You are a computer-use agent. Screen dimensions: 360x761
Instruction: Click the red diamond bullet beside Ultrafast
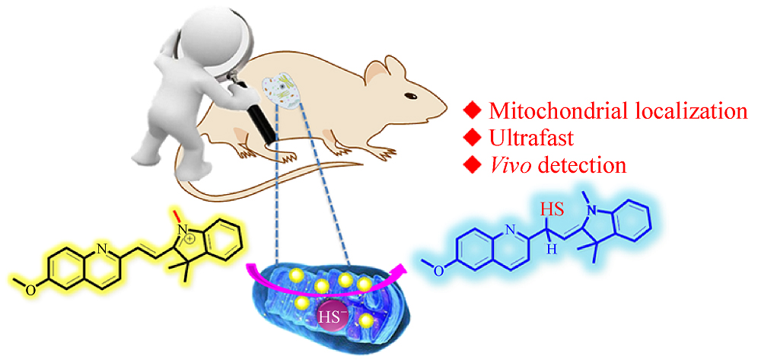coord(473,138)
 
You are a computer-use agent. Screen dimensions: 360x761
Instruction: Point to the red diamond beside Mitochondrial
coord(473,112)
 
